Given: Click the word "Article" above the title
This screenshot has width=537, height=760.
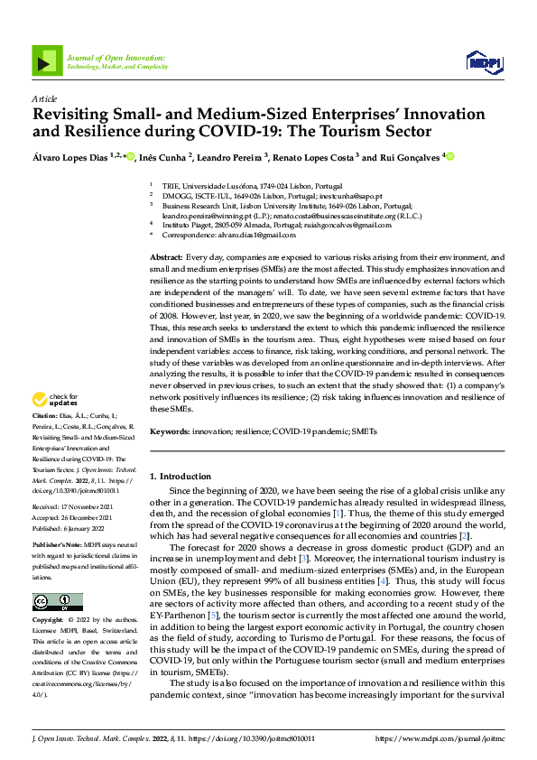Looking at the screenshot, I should [x=43, y=98].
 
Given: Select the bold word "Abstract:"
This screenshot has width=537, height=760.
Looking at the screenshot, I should [x=167, y=257].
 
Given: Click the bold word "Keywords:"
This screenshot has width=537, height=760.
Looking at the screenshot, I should [x=170, y=432].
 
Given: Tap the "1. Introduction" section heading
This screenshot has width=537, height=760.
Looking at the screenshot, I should [x=180, y=476].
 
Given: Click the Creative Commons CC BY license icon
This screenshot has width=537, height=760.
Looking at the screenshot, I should [x=57, y=601].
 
